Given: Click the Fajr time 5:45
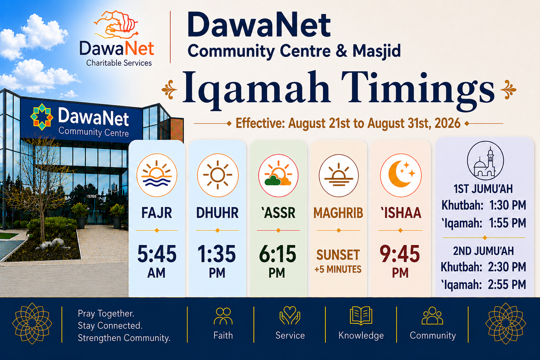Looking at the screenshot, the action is (157, 254).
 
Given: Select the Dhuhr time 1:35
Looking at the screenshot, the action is (217, 254).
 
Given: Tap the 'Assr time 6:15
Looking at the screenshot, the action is (278, 254).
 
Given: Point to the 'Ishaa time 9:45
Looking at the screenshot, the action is (400, 254).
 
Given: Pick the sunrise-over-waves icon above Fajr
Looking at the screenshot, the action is (157, 175).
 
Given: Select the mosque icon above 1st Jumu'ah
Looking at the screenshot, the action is (485, 161).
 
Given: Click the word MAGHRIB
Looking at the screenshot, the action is (338, 213).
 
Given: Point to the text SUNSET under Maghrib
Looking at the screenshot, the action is (338, 255).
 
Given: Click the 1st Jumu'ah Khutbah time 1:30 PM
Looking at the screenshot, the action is (507, 205).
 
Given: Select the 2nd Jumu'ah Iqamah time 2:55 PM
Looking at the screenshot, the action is (507, 284).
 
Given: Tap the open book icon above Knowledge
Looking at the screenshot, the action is (361, 316).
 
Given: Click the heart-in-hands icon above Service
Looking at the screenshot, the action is (290, 315).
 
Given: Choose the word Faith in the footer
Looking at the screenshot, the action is (223, 335).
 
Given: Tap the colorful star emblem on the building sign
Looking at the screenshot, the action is (42, 117).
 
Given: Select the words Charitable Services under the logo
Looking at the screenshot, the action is (119, 63).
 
